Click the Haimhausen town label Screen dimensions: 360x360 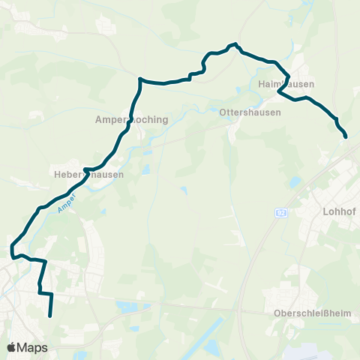(286, 84)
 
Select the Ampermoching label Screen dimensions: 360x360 (132, 119)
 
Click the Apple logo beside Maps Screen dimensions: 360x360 (11, 347)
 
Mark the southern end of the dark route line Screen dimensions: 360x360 (51, 316)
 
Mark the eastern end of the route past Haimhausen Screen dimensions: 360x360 (346, 136)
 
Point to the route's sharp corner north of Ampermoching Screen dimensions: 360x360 (139, 78)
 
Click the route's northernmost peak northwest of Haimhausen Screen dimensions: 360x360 (235, 44)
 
